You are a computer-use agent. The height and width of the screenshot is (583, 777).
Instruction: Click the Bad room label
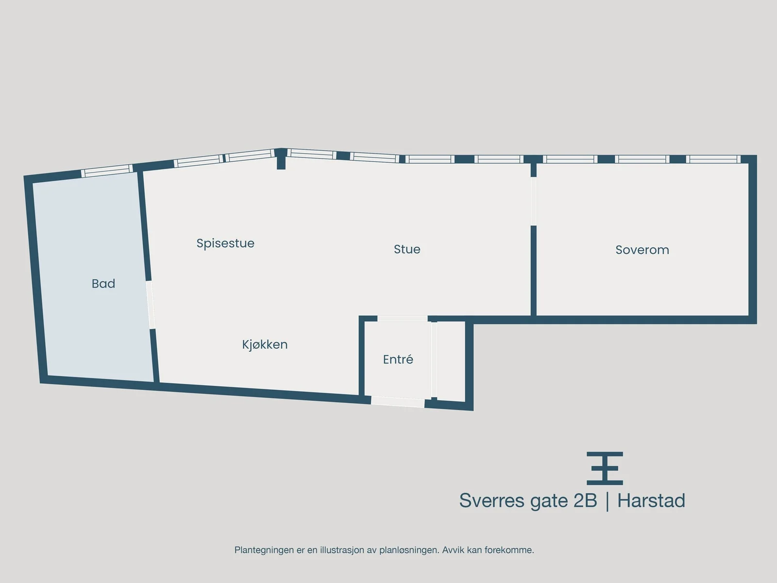(103, 284)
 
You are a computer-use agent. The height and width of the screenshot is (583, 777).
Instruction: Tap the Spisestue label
(225, 243)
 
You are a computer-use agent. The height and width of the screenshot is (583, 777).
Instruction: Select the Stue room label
(407, 249)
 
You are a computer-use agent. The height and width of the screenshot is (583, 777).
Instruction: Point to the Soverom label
(642, 250)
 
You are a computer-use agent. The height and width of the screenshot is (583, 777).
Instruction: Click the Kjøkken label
(265, 344)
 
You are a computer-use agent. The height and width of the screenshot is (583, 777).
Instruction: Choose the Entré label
(398, 360)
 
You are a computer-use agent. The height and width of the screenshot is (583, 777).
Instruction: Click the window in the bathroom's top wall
(106, 171)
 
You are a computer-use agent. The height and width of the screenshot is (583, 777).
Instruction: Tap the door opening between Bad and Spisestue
(151, 305)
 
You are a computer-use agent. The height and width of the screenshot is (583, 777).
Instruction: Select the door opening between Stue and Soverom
(533, 201)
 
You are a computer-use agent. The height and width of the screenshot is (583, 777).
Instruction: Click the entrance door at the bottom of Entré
(398, 402)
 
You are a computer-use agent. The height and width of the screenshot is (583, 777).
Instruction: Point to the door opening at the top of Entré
(403, 319)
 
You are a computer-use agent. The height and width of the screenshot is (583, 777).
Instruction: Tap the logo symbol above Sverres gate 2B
(605, 468)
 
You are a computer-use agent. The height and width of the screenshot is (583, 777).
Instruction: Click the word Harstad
(651, 501)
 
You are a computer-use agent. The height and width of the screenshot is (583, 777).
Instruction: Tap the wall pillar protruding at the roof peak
(281, 159)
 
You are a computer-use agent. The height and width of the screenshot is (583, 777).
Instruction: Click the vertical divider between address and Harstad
(608, 501)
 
